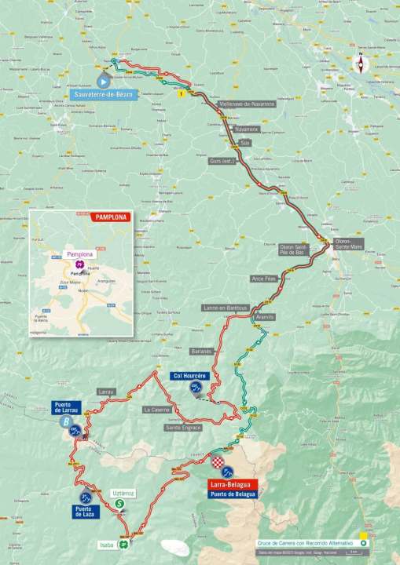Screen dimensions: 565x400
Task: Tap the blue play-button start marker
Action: [x=103, y=80]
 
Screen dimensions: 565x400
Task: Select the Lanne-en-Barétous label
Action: [x=226, y=308]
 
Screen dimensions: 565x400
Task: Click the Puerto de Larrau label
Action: [x=68, y=407]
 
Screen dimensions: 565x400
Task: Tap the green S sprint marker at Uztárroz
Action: [x=119, y=504]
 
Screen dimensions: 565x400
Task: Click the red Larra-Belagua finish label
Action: [x=230, y=485]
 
